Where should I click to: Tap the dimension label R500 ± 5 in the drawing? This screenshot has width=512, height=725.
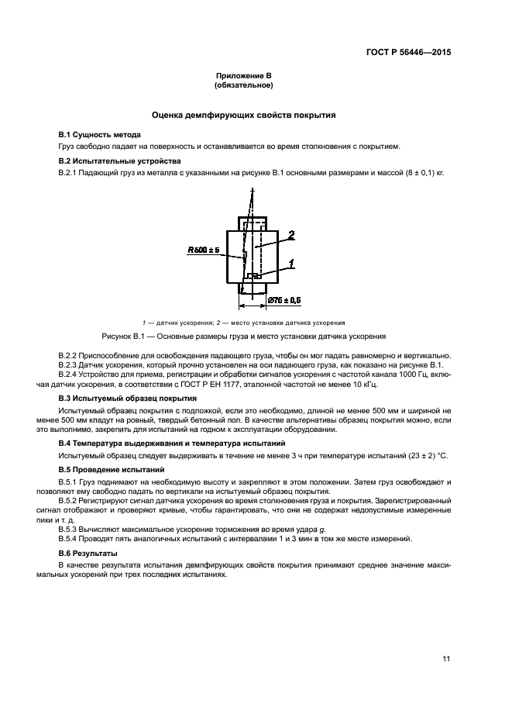(x=204, y=250)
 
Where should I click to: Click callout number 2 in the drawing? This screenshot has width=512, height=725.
(x=291, y=233)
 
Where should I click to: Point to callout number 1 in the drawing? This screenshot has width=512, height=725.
(x=291, y=264)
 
